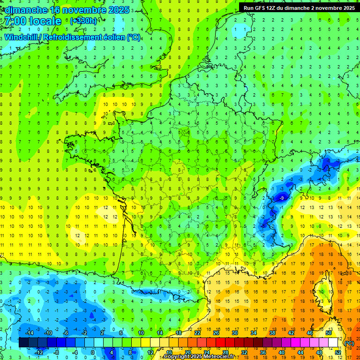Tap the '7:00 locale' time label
(32, 22)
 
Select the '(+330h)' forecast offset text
(83, 21)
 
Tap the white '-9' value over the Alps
(281, 199)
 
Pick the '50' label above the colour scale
(328, 332)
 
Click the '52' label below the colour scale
(338, 352)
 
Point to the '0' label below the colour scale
(92, 352)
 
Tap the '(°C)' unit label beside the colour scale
(349, 343)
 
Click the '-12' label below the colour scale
(39, 352)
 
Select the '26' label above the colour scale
(216, 332)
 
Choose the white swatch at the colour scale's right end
(333, 343)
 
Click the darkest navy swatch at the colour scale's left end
(24, 343)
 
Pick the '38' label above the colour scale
(272, 332)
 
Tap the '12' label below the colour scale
(150, 352)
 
